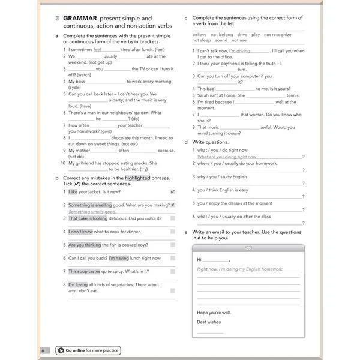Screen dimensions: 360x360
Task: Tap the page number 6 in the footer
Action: tap(43, 350)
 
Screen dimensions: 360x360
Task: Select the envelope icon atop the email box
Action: tap(248, 248)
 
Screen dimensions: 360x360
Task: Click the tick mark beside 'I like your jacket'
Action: tap(173, 192)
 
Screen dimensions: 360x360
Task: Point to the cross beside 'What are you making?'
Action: tap(173, 205)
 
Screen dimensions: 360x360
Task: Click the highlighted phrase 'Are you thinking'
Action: tap(85, 245)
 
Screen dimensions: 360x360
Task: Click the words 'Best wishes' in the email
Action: tap(208, 322)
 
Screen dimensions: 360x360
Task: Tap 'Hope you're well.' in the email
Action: tap(214, 313)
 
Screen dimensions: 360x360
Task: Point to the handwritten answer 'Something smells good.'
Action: tap(92, 212)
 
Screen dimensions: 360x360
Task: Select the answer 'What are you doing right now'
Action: tap(227, 157)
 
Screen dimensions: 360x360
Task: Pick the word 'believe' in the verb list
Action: tap(200, 35)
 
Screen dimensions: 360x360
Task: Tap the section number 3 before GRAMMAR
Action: tap(56, 19)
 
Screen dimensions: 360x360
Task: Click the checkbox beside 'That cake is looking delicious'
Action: tap(173, 218)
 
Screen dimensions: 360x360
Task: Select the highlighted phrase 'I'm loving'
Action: tap(78, 284)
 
